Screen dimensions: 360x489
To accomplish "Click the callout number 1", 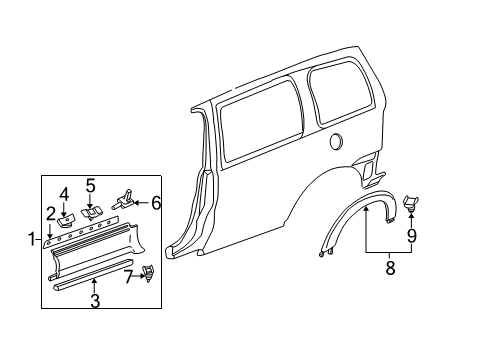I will coord(32,239).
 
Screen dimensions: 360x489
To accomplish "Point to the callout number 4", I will coord(64,194).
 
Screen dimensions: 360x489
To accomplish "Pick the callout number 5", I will coord(90,185).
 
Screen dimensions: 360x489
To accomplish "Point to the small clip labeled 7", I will coord(147,269).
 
